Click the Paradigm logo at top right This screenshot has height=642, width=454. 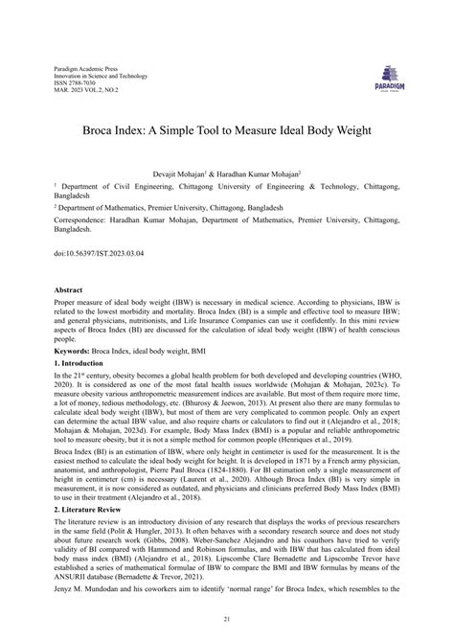coord(395,77)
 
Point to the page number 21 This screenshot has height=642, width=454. coord(227,619)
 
